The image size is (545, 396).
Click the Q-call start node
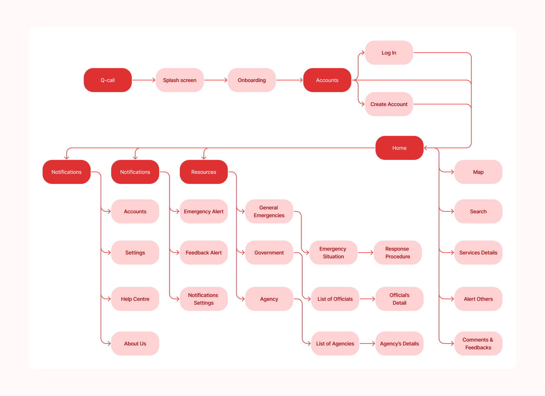coord(107,80)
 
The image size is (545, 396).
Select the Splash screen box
coord(180,80)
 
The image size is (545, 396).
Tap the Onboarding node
coord(252,80)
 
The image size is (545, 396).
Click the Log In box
coord(389,53)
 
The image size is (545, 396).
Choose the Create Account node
coord(389,104)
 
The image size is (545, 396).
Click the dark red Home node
coord(399,148)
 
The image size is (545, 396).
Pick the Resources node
coord(203,172)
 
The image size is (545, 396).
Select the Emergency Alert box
coord(203,211)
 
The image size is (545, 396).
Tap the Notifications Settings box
coord(203,299)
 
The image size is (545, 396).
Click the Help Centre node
coord(135,299)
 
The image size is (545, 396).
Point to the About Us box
coord(135,343)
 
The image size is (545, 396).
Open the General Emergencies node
coord(269,211)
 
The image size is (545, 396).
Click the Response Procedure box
coord(398,252)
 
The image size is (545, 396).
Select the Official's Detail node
coord(399,299)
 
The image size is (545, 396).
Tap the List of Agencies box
coord(335,343)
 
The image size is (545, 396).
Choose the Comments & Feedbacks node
coord(478,343)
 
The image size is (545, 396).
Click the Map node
coord(478,172)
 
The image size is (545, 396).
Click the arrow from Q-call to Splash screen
coord(144,80)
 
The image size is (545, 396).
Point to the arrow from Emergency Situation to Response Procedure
coord(365,252)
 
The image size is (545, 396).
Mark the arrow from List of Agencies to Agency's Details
coord(367,343)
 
